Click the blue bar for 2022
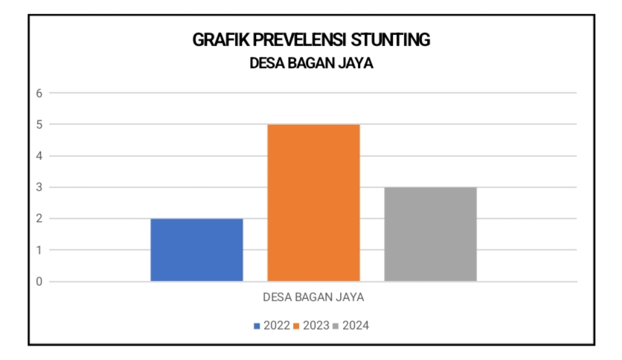tap(196, 250)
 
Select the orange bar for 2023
tap(313, 202)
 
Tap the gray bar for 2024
tap(430, 234)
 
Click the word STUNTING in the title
tap(391, 40)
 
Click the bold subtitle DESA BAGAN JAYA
tap(311, 64)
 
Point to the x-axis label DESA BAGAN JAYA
tap(312, 298)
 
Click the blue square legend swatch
tap(257, 326)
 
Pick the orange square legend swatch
tap(297, 326)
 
